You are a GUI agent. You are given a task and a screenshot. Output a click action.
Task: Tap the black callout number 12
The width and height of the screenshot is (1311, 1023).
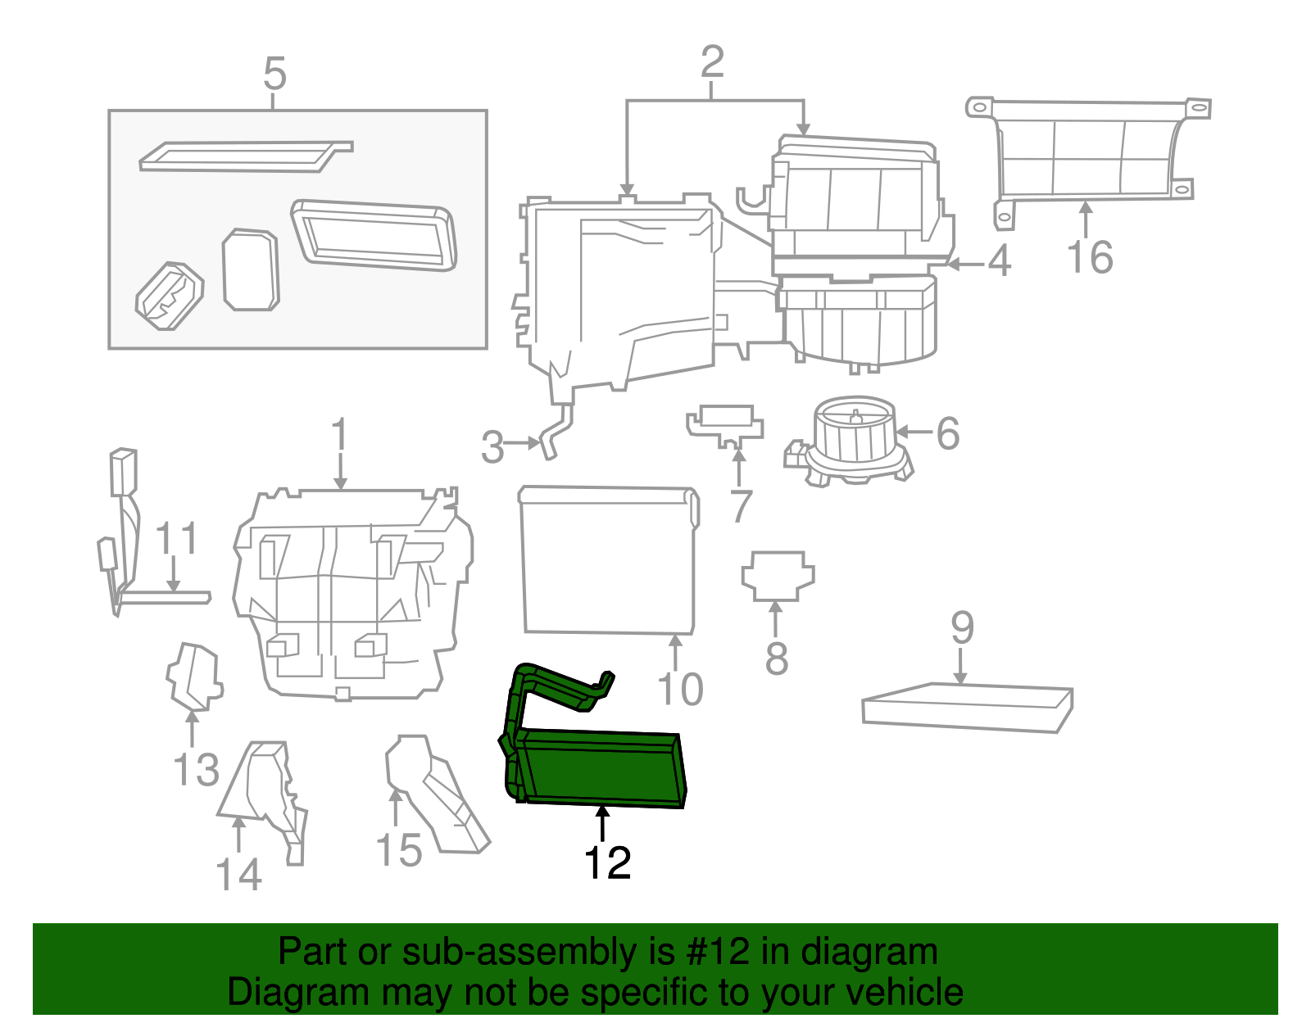607,863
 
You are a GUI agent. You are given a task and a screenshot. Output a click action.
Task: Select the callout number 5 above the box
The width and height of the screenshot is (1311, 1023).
274,75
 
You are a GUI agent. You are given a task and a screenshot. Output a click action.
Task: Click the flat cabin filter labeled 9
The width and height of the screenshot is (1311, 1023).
967,707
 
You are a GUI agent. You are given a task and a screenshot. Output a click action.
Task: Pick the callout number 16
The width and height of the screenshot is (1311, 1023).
1090,257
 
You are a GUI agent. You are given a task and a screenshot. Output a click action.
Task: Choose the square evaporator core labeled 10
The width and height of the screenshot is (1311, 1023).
608,561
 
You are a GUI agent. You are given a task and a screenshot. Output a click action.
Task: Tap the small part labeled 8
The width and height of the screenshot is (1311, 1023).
778,575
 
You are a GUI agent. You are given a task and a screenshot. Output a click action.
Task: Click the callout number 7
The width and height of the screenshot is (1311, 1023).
741,507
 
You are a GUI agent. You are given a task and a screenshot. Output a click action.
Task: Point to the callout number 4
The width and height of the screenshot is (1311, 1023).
999,262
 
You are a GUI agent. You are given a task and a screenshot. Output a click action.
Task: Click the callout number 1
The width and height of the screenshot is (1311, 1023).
339,435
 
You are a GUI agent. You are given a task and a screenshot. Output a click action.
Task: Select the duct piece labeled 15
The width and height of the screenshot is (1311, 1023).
434,794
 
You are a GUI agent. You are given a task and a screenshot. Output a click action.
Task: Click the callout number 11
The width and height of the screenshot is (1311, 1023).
176,539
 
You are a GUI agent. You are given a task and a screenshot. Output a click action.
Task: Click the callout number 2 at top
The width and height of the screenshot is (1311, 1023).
712,61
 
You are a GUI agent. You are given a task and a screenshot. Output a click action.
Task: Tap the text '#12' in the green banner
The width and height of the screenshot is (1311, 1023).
714,952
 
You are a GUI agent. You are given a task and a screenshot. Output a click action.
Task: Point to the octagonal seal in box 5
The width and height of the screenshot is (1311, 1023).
251,269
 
